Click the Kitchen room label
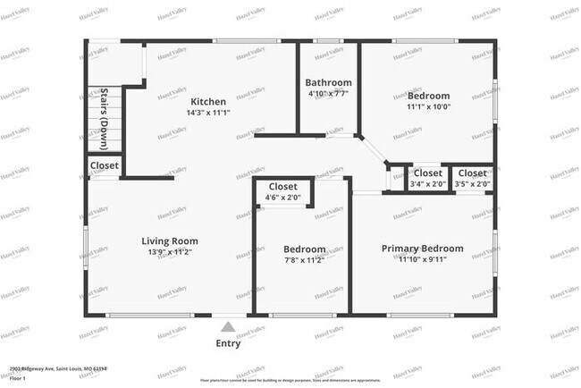pyautogui.click(x=207, y=101)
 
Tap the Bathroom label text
pyautogui.click(x=328, y=81)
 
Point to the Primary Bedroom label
pyautogui.click(x=423, y=248)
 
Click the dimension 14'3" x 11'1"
pyautogui.click(x=207, y=113)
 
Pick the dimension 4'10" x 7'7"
pyautogui.click(x=328, y=93)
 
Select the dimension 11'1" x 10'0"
pyautogui.click(x=428, y=106)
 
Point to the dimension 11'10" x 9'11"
pyautogui.click(x=423, y=259)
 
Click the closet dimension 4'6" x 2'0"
pyautogui.click(x=283, y=197)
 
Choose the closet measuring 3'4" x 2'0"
pyautogui.click(x=427, y=184)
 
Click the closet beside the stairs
pyautogui.click(x=105, y=165)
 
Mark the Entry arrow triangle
pyautogui.click(x=229, y=327)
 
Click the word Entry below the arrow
pyautogui.click(x=229, y=343)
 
